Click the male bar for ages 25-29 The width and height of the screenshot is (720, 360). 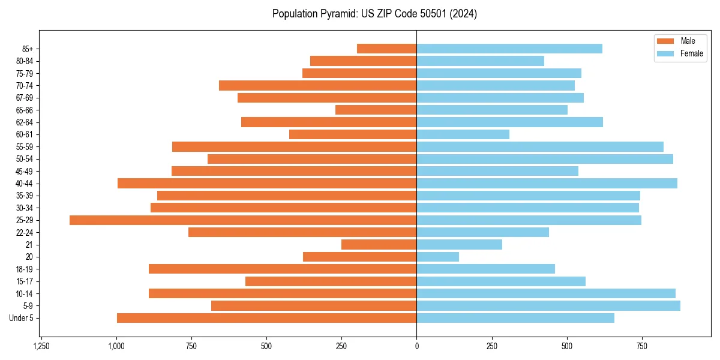click(243, 220)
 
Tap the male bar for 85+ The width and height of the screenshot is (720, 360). click(387, 49)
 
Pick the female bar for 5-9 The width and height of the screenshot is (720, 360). click(548, 306)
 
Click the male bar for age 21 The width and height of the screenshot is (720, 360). click(379, 245)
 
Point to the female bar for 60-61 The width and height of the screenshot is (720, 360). click(463, 134)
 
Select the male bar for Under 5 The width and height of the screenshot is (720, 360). click(267, 318)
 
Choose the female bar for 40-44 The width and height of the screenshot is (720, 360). click(547, 184)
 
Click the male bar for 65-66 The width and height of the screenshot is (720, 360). click(376, 110)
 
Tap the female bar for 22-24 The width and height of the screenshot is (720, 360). click(483, 232)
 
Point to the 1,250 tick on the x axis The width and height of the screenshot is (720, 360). click(41, 346)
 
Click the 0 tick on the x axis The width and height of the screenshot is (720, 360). click(416, 346)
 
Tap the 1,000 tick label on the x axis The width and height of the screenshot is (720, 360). click(116, 346)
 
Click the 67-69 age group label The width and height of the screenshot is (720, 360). click(25, 98)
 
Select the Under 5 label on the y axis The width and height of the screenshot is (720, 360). click(21, 318)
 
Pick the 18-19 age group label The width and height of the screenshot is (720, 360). click(25, 269)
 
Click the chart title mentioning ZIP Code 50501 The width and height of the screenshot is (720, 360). click(374, 14)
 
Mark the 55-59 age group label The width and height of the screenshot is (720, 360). click(25, 147)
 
